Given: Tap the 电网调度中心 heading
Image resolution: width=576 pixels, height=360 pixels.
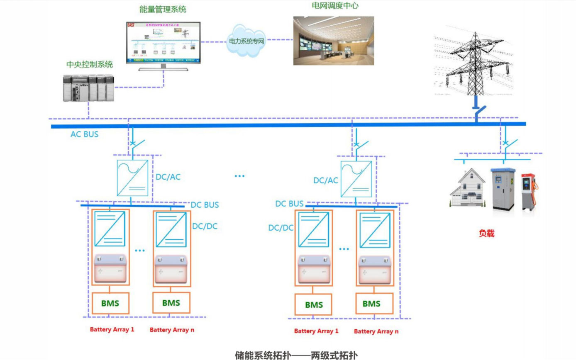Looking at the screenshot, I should (x=335, y=6).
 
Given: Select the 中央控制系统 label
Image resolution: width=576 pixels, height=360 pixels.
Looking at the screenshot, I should (x=90, y=64).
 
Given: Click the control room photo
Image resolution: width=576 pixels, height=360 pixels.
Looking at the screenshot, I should (x=334, y=40).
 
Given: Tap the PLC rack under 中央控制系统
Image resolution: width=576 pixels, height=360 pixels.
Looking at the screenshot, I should (x=88, y=87).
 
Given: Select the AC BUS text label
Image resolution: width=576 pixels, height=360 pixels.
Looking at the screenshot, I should (x=85, y=134).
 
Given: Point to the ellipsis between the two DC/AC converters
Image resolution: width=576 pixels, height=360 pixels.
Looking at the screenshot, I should (x=239, y=176).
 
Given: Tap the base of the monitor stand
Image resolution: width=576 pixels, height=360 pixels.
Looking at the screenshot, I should (x=163, y=69).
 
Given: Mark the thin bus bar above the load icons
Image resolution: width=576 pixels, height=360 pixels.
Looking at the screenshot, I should (x=492, y=159).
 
